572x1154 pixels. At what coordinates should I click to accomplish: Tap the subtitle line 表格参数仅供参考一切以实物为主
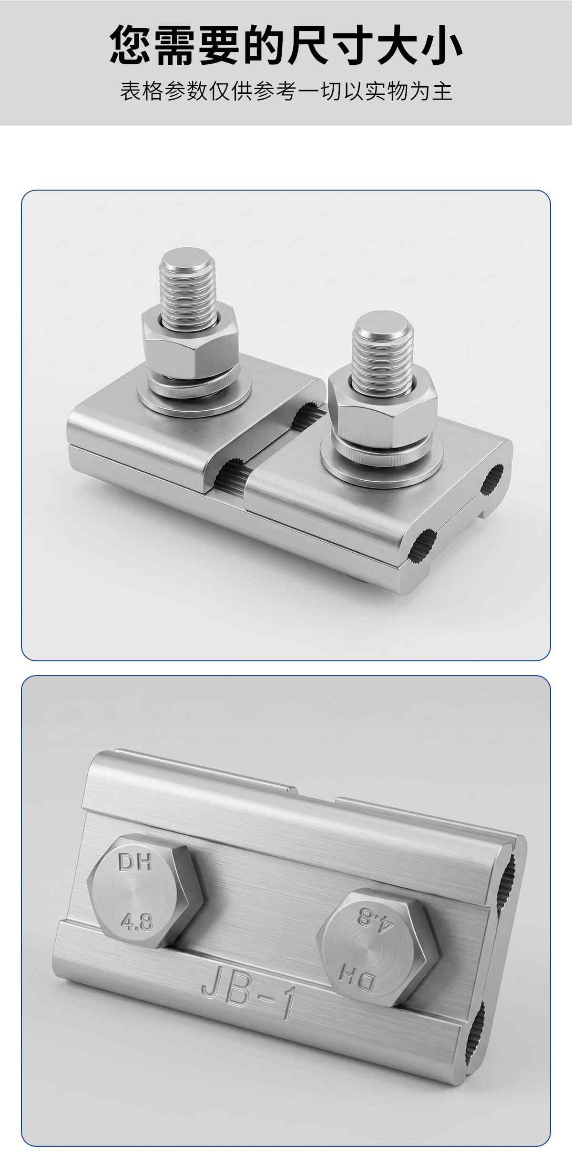[x=286, y=91]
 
